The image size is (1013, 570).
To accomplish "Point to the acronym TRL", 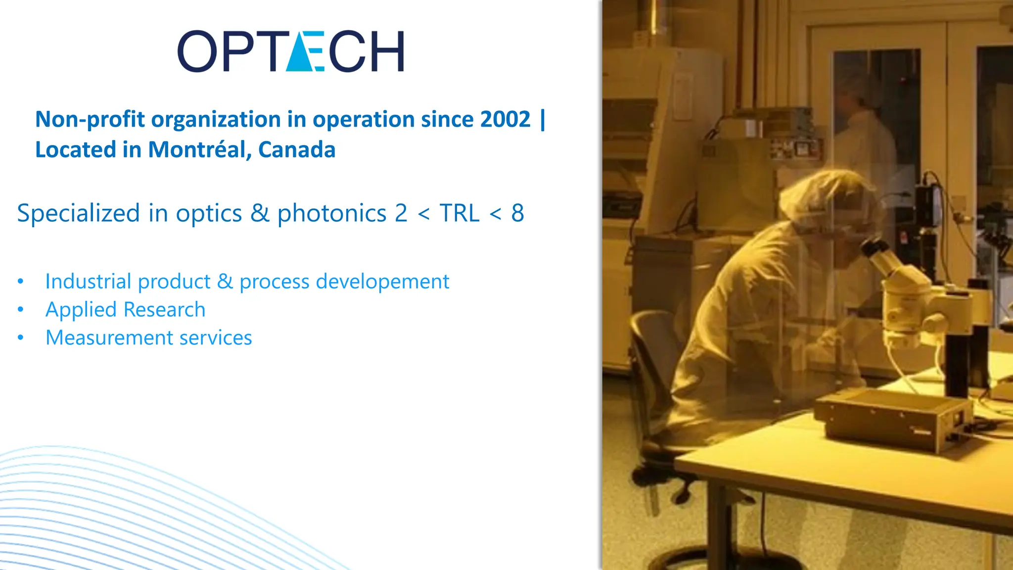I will (460, 213).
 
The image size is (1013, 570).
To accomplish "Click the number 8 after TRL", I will (517, 213).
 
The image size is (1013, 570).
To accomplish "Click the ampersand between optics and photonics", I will (260, 213).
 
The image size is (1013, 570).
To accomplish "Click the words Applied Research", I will (125, 310).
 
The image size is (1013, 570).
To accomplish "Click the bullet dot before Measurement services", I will (20, 338).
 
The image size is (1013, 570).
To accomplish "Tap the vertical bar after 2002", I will (543, 119).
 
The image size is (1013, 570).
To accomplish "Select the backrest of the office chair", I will (653, 356).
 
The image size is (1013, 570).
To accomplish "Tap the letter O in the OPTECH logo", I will (197, 51).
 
